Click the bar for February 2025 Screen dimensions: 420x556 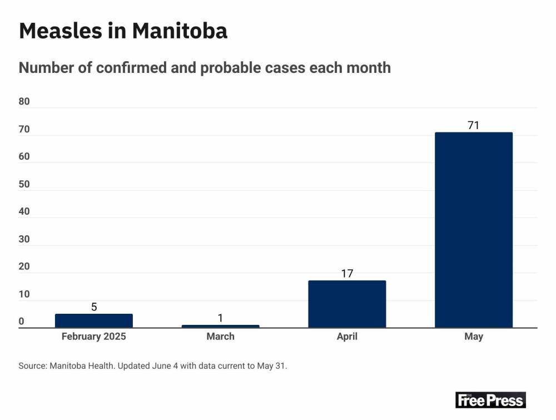pyautogui.click(x=94, y=321)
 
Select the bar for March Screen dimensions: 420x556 pyautogui.click(x=220, y=326)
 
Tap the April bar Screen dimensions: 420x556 pyautogui.click(x=347, y=304)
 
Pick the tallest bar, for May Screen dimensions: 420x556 pyautogui.click(x=473, y=230)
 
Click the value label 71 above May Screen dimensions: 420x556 pyautogui.click(x=473, y=125)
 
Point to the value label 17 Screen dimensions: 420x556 pyautogui.click(x=347, y=274)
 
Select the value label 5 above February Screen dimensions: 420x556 pyautogui.click(x=94, y=307)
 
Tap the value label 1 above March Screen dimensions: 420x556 pyautogui.click(x=220, y=318)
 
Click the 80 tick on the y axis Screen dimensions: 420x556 pyautogui.click(x=24, y=102)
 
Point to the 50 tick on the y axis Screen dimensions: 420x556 pyautogui.click(x=24, y=184)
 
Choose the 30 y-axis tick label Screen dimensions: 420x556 pyautogui.click(x=24, y=239)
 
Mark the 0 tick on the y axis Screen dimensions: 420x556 pyautogui.click(x=22, y=322)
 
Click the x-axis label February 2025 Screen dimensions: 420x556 pyautogui.click(x=94, y=337)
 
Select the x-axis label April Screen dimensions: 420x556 pyautogui.click(x=347, y=337)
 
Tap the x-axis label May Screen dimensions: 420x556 pyautogui.click(x=473, y=337)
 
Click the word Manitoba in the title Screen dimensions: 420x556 pyautogui.click(x=180, y=31)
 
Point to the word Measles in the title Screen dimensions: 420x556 pyautogui.click(x=62, y=31)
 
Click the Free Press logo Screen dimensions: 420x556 pyautogui.click(x=490, y=400)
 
